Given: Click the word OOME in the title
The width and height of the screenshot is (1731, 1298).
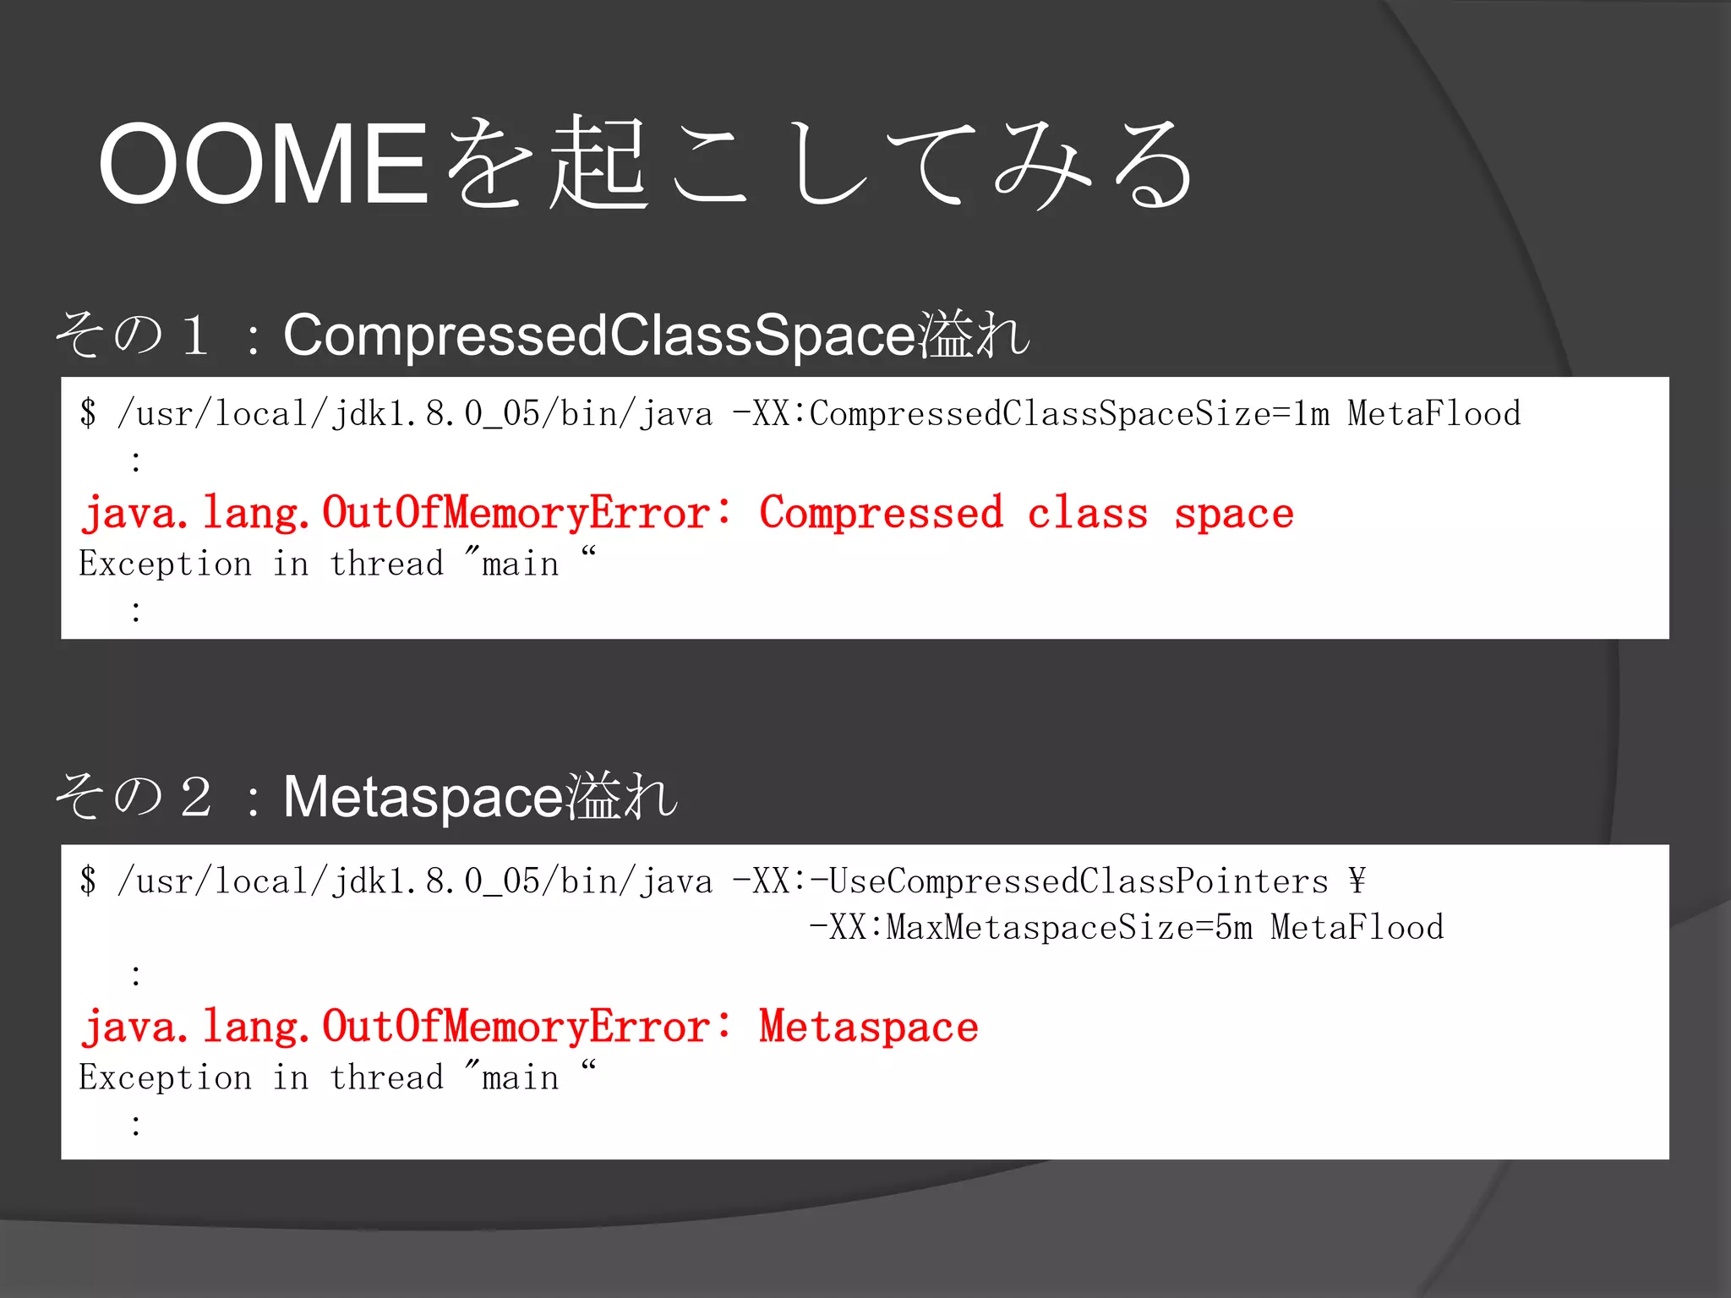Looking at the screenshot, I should (264, 164).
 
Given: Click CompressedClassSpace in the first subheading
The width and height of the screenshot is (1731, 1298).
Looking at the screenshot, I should (599, 335).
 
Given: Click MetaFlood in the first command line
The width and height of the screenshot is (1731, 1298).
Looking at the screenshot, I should (1433, 414).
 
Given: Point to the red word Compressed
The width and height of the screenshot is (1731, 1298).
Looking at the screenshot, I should (881, 513).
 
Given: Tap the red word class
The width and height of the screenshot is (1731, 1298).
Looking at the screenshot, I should (1087, 513).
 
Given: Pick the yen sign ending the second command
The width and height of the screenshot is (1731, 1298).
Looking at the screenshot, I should (1357, 881).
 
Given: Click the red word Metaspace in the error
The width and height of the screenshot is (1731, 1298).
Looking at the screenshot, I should (868, 1028).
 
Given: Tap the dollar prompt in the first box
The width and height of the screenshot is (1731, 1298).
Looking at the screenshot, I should (88, 414).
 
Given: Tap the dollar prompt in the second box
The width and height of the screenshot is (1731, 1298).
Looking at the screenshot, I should (88, 881).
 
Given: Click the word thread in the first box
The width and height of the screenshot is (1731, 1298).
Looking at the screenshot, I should (386, 564).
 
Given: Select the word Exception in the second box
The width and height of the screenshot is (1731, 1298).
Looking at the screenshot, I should (166, 1077).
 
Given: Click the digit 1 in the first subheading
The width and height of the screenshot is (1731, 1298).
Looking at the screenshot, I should (195, 335).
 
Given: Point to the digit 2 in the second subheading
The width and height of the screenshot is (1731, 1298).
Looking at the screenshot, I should (195, 797).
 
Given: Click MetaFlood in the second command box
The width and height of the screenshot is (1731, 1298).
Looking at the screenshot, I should (1357, 928).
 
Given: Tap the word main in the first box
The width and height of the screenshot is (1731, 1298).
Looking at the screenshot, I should (520, 564).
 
